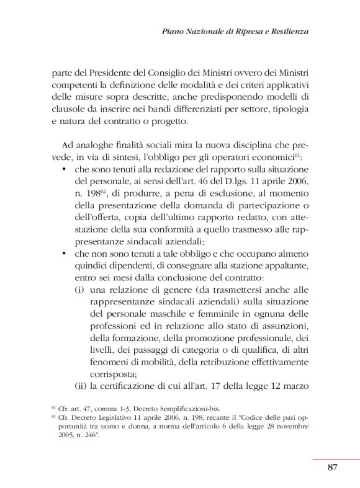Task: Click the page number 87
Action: [332, 468]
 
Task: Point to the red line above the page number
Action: [335, 459]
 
